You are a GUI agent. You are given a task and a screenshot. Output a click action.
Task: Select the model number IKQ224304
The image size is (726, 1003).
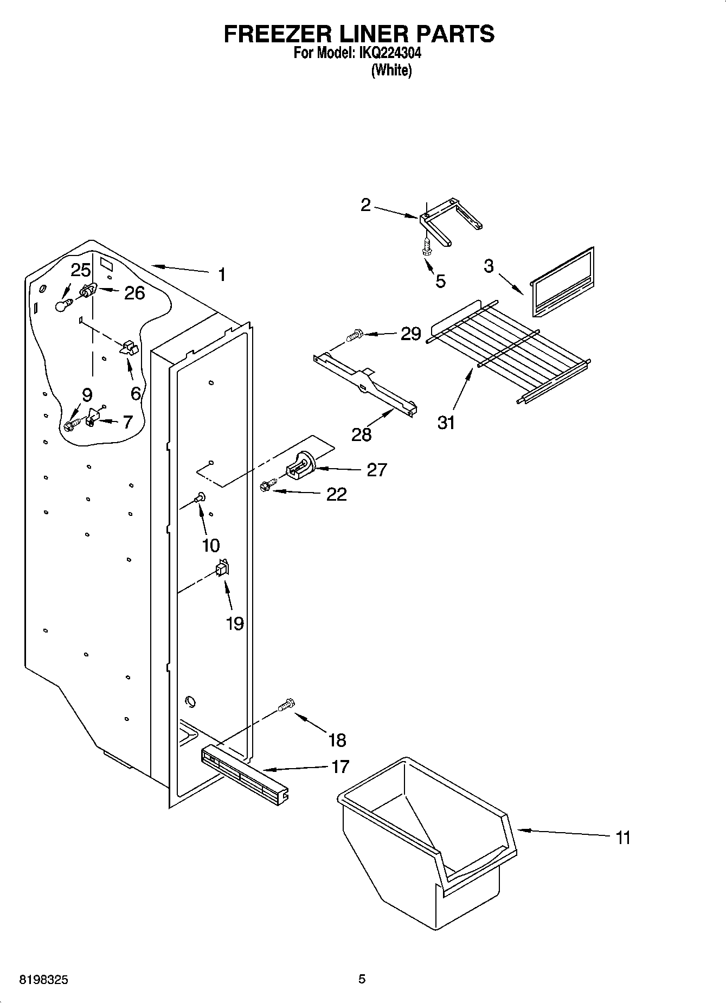coord(388,53)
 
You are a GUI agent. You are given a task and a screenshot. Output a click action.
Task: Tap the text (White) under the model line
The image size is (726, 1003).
coord(391,70)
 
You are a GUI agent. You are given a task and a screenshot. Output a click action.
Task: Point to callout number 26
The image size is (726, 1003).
coord(134,293)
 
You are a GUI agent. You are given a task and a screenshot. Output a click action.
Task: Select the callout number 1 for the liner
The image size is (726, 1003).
coord(221,274)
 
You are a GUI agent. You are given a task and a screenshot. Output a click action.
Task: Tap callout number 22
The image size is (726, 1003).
coord(336,494)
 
